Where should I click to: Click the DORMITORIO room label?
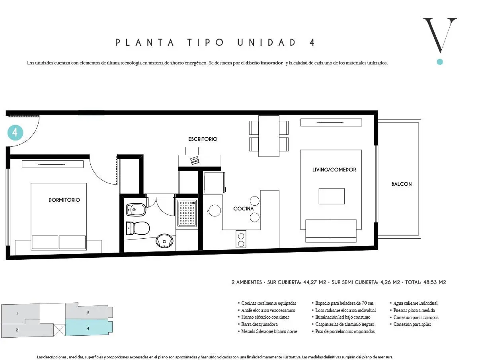pos(64,200)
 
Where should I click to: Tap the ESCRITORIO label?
pos(203,139)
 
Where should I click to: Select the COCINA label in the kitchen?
pos(244,209)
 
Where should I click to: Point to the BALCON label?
pos(402,184)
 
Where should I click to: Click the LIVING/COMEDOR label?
pos(334,169)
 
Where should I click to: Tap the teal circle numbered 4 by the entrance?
pos(15,133)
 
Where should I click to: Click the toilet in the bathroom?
pos(138,228)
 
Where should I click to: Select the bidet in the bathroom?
pos(136,210)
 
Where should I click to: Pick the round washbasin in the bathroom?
pos(164,241)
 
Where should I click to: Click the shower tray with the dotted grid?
pos(187,213)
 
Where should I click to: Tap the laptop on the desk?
pos(194,160)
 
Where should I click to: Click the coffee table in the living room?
pos(332,196)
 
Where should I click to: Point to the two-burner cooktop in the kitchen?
pos(241,239)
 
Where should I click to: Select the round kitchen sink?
pos(215,210)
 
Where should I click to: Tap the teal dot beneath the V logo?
pos(440,62)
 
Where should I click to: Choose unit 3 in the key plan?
pos(89,311)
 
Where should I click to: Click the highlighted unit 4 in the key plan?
pos(88,327)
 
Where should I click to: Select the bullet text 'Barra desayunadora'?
pos(260,324)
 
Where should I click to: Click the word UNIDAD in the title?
pos(267,43)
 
